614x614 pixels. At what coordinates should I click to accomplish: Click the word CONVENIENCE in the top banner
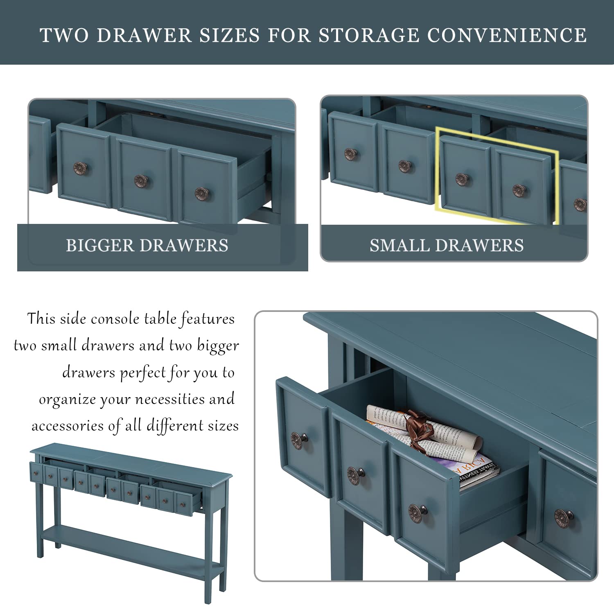coord(507,35)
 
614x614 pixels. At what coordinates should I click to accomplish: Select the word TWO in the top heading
coord(64,35)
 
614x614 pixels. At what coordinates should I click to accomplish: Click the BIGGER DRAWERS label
coord(147,246)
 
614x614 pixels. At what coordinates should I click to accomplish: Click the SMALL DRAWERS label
coord(447,246)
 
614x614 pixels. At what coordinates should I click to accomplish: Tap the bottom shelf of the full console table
coord(131,551)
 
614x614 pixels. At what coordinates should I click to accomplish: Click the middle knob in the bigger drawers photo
coord(142,181)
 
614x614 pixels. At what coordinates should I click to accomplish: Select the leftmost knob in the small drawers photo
coord(350,154)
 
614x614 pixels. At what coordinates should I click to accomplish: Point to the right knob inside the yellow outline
coord(519,190)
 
